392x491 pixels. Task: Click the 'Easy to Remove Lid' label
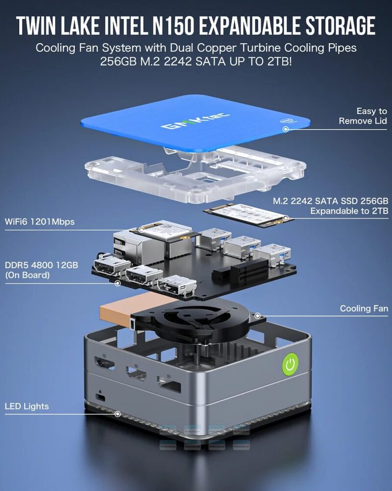363,116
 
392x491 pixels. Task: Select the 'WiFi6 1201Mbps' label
40,221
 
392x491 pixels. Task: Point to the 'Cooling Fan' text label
364,308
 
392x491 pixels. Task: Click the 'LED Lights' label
27,406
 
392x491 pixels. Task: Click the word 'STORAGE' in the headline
335,26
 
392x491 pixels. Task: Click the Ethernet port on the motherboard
125,244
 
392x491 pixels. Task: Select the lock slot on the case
101,396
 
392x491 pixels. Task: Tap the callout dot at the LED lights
118,414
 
